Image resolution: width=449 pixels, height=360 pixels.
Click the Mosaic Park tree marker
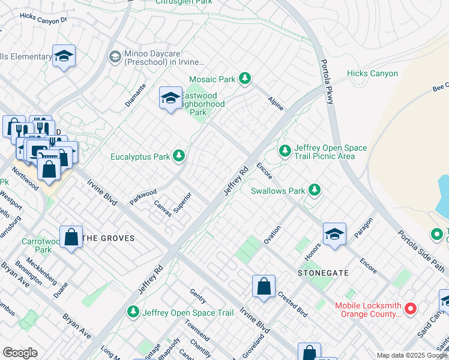(x=244, y=79)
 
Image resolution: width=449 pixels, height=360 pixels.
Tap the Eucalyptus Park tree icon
(x=178, y=157)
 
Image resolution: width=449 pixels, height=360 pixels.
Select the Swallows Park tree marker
(x=313, y=191)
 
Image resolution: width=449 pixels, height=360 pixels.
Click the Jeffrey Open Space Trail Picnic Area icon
(x=285, y=150)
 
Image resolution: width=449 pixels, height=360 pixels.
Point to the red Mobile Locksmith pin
(x=411, y=309)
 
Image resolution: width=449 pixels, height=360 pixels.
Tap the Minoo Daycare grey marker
(x=114, y=57)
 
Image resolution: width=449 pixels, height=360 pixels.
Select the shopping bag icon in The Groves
(x=71, y=237)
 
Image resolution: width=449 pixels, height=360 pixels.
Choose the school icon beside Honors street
(x=334, y=234)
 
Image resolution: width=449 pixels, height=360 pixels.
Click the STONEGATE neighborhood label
(x=323, y=272)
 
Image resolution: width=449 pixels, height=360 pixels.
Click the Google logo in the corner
(x=20, y=352)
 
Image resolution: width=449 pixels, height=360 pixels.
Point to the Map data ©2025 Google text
(x=411, y=355)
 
